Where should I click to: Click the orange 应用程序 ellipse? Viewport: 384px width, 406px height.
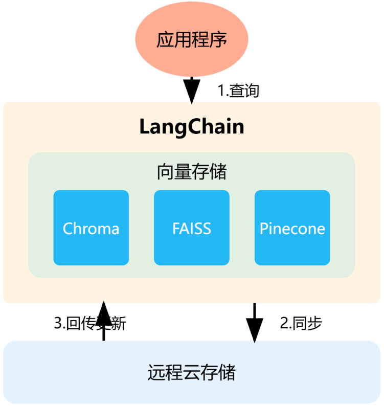(191, 40)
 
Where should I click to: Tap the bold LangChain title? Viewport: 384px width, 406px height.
(191, 126)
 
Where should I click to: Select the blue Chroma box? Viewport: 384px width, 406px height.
(91, 228)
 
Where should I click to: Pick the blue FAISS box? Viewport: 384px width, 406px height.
(191, 228)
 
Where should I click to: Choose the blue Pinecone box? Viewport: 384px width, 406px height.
(292, 228)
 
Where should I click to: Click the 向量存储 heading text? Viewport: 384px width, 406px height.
(191, 172)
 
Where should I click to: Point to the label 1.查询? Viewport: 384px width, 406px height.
(238, 91)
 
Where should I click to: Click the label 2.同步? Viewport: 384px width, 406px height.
(301, 323)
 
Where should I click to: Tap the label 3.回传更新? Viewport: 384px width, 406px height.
(90, 323)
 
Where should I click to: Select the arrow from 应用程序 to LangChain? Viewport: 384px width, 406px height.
(192, 91)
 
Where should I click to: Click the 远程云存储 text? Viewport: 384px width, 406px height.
(191, 372)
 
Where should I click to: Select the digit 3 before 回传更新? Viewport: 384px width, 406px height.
(58, 323)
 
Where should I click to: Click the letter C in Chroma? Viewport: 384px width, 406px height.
(68, 229)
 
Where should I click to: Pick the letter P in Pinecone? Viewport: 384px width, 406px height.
(264, 229)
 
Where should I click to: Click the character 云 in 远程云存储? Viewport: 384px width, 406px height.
(191, 372)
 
